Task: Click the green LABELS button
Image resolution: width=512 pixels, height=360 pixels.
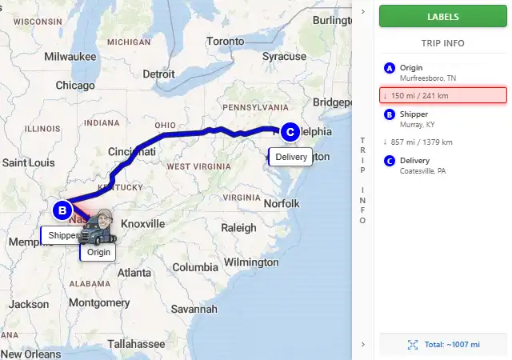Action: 442,16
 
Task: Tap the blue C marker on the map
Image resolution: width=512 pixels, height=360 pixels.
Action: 290,132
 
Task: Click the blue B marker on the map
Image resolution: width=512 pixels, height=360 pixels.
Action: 62,211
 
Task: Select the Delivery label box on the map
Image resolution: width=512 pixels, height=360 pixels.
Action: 290,157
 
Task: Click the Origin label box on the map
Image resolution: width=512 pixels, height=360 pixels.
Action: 98,252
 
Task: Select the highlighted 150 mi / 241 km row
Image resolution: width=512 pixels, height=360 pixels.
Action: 442,95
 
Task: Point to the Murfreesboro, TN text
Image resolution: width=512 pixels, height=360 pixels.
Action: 428,78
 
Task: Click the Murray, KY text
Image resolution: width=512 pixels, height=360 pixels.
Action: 418,124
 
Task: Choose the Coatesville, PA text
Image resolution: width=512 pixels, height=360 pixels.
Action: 423,170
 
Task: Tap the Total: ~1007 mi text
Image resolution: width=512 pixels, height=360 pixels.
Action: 452,344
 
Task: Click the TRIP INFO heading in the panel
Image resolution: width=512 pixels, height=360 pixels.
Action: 442,43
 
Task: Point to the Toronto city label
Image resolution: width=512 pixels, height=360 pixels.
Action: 225,41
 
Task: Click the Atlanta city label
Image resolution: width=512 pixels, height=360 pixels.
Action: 134,273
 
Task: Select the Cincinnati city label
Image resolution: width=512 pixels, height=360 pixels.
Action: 132,152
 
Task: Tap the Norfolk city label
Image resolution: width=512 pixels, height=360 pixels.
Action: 281,203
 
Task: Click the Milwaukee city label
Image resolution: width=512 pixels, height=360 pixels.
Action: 70,57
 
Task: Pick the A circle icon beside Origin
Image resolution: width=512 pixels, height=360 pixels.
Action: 390,68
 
